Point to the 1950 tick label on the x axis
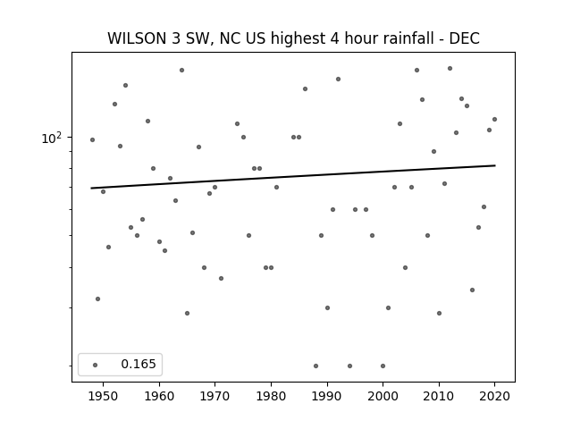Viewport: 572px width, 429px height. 104,396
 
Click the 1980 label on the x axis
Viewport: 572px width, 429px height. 271,396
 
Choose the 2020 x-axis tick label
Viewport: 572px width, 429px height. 494,396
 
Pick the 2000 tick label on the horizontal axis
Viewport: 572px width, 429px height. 383,396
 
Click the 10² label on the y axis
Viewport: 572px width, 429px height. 52,138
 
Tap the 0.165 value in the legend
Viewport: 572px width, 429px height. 139,364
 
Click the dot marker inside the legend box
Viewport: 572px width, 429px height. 96,365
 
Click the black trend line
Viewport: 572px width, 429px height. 293,177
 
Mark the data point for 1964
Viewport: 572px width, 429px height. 181,70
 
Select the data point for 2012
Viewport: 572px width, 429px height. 450,68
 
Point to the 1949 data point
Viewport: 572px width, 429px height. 97,299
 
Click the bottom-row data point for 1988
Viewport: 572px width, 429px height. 315,366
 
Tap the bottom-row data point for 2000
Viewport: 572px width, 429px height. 383,366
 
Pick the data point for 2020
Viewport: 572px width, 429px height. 494,119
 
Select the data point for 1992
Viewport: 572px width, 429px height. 338,80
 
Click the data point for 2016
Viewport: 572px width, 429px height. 473,290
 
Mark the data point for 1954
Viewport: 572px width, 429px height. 125,86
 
